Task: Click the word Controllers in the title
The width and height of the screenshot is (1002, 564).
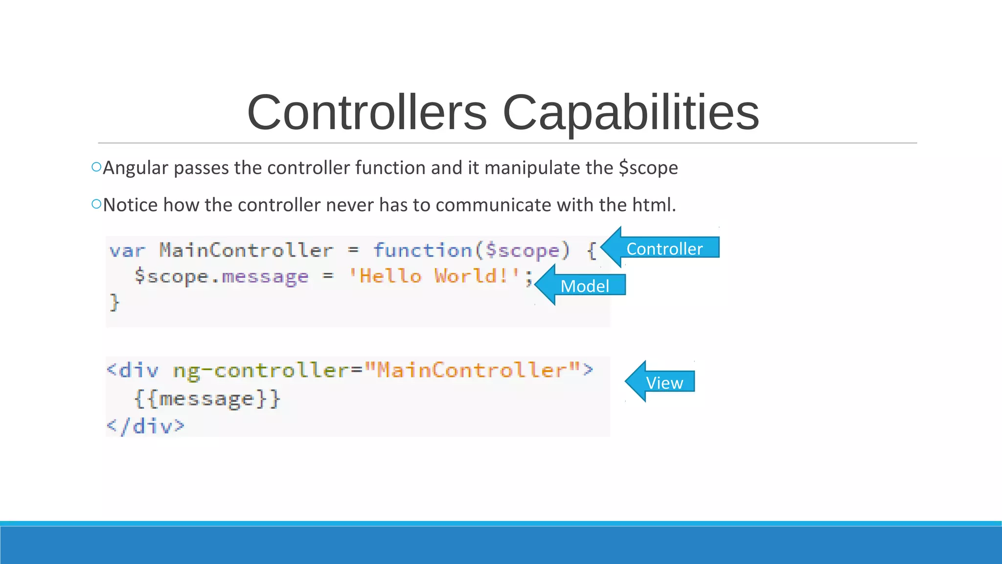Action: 367,113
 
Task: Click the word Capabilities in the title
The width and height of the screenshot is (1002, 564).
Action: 631,113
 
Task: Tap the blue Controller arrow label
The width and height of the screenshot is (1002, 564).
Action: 664,248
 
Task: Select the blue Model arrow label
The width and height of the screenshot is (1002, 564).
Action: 584,285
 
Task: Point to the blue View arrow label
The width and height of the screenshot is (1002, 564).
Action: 664,382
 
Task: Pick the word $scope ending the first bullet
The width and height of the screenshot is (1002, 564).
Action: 648,168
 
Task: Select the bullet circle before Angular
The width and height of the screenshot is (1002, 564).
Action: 96,167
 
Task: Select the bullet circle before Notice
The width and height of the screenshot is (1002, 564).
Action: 96,204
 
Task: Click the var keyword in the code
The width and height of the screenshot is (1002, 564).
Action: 127,251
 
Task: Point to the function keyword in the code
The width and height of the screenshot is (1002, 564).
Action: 423,251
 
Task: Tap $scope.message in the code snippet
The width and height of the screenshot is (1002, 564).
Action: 222,277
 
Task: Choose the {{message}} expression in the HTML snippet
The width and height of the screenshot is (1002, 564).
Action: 207,399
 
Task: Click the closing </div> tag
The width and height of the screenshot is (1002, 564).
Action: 146,426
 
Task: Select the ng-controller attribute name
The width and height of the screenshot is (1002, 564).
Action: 261,371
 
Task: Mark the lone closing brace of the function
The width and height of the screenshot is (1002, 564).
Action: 114,302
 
